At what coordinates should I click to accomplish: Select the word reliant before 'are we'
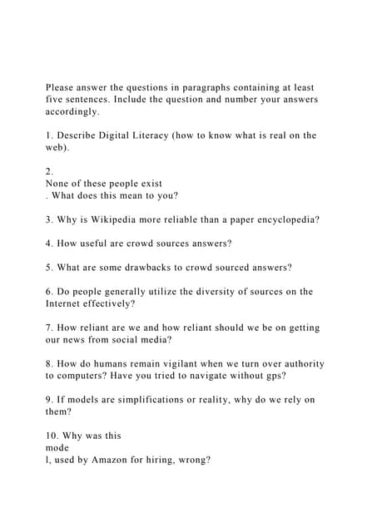tap(103, 328)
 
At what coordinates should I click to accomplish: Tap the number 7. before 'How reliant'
tap(49, 328)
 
